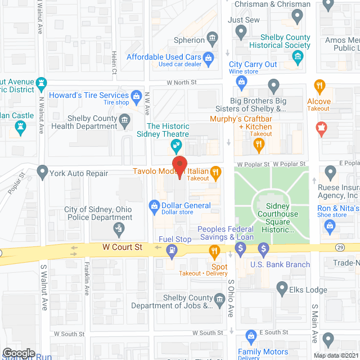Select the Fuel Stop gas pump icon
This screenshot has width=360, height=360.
(172, 253)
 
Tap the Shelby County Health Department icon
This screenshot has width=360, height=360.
(124, 119)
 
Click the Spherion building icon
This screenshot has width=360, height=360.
(213, 39)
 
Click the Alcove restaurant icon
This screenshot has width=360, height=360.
(319, 85)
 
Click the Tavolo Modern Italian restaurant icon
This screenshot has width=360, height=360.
(215, 172)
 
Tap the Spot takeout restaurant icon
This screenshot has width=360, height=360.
(214, 251)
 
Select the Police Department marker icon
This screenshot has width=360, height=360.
(119, 228)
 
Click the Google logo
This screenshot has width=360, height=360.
(18, 353)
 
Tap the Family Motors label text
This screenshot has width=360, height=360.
(263, 352)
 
